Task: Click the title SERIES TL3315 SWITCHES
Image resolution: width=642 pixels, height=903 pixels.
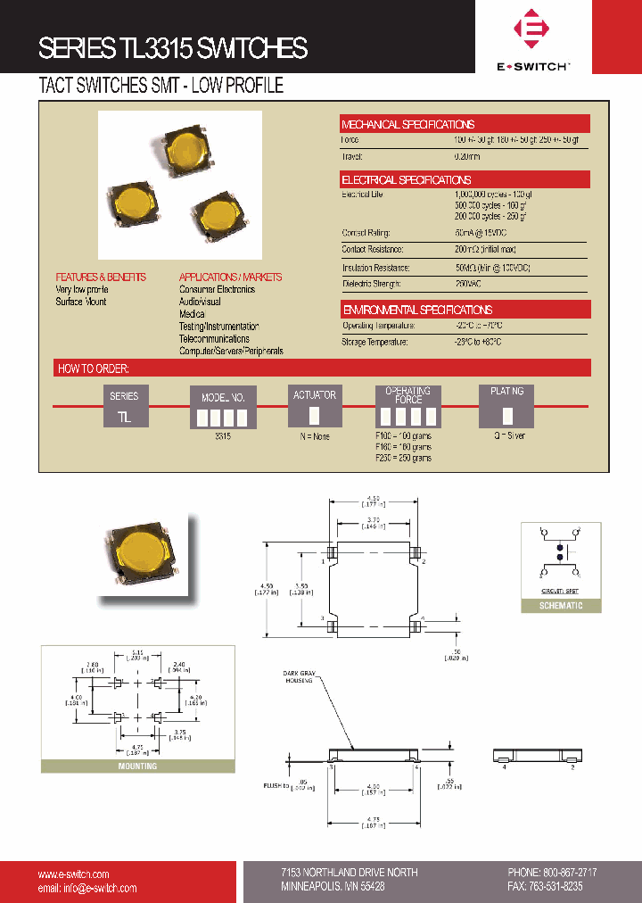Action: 173,48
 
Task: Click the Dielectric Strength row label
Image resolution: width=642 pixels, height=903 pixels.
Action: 372,284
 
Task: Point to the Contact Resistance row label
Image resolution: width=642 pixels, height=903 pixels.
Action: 373,250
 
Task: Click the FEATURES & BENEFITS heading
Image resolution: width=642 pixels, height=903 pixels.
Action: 101,277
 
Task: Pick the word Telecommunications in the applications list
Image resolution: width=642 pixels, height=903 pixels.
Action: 214,339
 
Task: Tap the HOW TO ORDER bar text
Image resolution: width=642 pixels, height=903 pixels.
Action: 94,368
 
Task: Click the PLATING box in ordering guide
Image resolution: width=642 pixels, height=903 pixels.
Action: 506,407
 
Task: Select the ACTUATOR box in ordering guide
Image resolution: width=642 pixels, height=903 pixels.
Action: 315,407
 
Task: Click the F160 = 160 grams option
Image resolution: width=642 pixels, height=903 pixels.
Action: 402,447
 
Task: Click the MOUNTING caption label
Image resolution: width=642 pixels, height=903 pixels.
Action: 137,766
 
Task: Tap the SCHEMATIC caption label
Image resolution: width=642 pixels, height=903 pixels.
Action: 561,606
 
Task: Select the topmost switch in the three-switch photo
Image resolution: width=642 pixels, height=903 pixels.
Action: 185,145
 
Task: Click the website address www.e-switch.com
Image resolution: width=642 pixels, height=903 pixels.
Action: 73,874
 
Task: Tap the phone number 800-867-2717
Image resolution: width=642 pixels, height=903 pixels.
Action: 564,872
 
